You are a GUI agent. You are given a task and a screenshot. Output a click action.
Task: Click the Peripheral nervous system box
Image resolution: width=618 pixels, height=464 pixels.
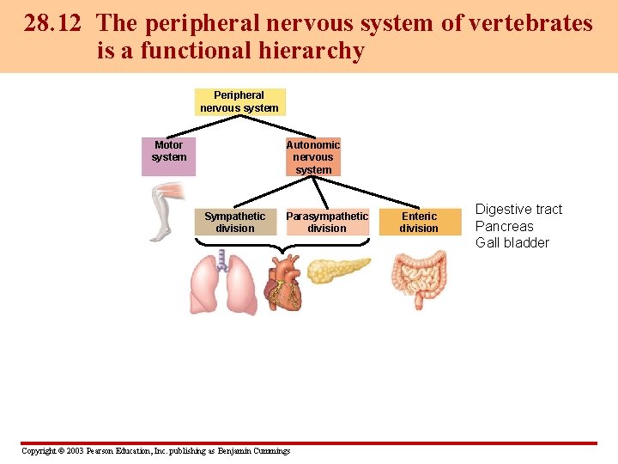click(x=239, y=101)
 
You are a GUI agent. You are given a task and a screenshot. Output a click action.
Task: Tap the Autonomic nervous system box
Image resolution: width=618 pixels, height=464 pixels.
click(x=313, y=157)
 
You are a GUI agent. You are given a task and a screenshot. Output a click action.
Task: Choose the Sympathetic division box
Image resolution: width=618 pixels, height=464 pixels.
click(x=235, y=222)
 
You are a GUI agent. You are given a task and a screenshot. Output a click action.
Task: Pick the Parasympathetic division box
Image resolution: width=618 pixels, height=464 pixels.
click(x=327, y=222)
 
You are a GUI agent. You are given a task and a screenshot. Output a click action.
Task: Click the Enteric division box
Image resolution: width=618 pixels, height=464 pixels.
click(x=419, y=222)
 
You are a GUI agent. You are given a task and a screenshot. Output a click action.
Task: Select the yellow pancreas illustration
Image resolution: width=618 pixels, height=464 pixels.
click(x=338, y=269)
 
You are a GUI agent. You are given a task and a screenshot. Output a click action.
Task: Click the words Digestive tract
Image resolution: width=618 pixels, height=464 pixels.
click(x=518, y=210)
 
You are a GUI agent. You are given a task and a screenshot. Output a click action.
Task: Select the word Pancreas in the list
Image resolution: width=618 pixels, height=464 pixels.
click(x=505, y=226)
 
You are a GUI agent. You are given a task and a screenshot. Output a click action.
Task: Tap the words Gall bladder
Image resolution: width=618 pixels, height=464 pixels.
click(x=512, y=242)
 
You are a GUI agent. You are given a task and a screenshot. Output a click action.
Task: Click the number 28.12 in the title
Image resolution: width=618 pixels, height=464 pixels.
click(x=53, y=23)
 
